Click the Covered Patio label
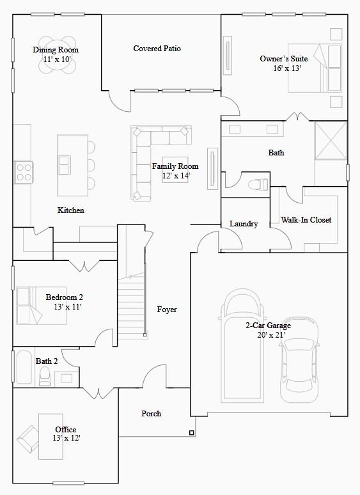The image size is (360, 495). coord(157,49)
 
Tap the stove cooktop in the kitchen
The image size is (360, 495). coord(24,172)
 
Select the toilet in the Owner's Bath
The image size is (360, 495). coord(258,184)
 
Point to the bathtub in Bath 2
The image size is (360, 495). coord(24,368)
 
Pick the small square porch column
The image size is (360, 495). coord(192,433)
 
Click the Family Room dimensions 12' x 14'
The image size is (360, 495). coord(176,176)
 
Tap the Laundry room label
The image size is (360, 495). coord(244,224)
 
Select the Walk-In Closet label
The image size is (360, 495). coord(306,220)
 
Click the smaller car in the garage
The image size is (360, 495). coord(299,360)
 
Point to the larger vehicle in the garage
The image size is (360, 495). coord(242,346)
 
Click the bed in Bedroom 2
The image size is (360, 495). coord(42,306)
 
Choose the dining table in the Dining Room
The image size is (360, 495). coord(57,55)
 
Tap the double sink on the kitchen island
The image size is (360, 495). coord(65,165)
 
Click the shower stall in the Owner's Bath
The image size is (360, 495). coord(331,141)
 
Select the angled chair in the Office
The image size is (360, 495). coord(28,439)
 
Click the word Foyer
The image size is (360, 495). coord(167,310)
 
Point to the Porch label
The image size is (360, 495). coord(151,414)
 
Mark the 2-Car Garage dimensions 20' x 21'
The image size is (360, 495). coord(271,335)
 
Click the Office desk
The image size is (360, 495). coord(51,437)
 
